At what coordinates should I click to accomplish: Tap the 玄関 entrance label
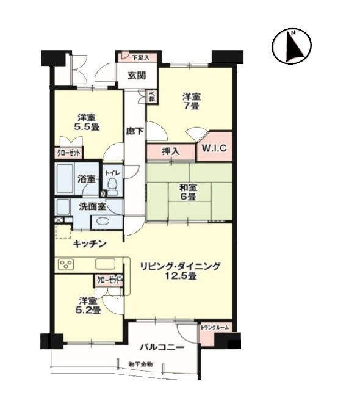pyautogui.click(x=136, y=76)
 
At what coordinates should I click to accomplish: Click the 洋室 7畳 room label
pyautogui.click(x=192, y=101)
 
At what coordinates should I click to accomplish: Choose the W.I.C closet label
pyautogui.click(x=215, y=146)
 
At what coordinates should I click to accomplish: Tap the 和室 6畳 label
pyautogui.click(x=187, y=192)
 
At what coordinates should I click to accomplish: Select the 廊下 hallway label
pyautogui.click(x=135, y=130)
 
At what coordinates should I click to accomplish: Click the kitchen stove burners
pyautogui.click(x=66, y=264)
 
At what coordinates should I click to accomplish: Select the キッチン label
pyautogui.click(x=90, y=244)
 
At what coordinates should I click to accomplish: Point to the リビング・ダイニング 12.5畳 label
pyautogui.click(x=179, y=271)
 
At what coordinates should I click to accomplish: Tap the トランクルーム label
pyautogui.click(x=215, y=328)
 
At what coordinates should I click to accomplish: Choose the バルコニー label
pyautogui.click(x=162, y=347)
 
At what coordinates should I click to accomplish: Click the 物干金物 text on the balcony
pyautogui.click(x=140, y=364)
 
